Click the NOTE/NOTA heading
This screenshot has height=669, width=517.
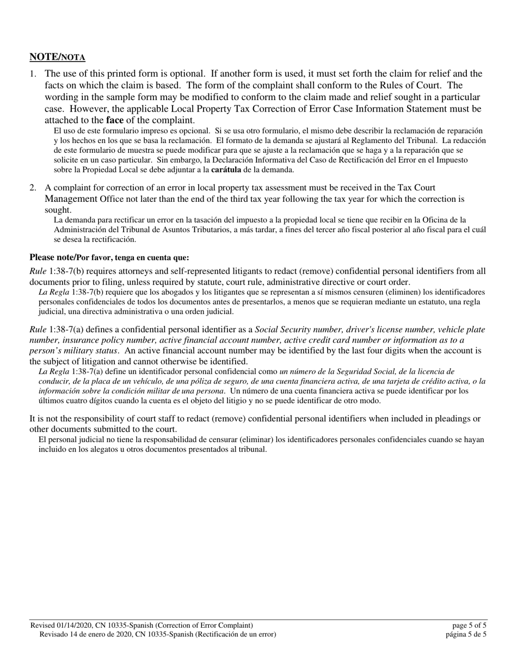[x=57, y=57]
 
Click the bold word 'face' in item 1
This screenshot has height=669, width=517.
[x=115, y=120]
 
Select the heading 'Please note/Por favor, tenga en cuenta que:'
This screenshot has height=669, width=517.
[x=109, y=257]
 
